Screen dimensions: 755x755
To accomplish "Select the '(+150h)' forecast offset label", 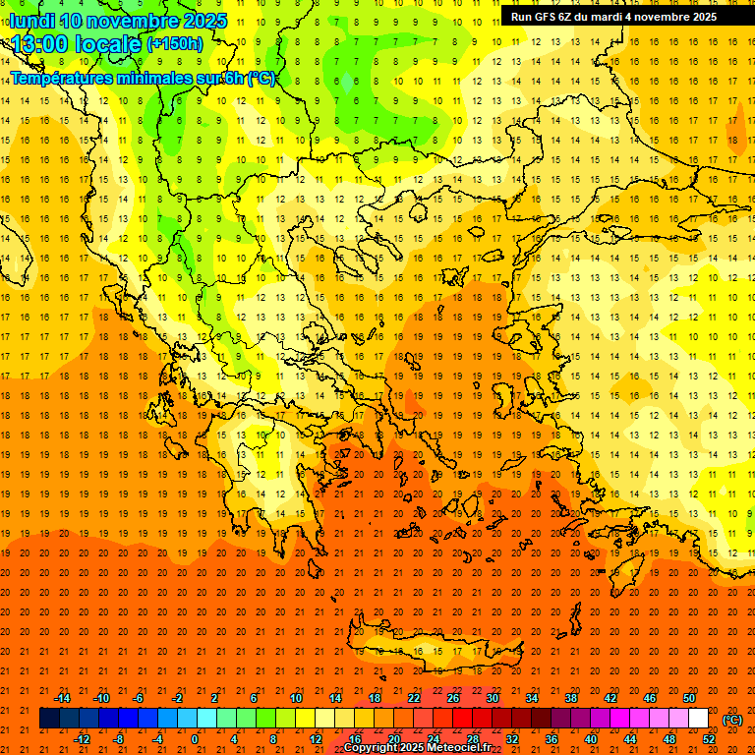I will tap(175, 44).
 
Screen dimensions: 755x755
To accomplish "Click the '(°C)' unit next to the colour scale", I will tap(732, 720).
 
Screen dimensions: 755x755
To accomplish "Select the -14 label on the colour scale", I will tap(62, 698).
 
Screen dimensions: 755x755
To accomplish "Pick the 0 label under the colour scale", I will tap(195, 739).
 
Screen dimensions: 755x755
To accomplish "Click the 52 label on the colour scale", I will tap(709, 739).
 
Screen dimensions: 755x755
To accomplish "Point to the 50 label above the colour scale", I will tap(689, 698).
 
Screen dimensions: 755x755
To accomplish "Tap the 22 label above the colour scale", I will tap(414, 698).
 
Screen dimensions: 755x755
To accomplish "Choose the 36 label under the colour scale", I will tap(552, 739).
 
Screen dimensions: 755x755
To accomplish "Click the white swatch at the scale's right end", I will tap(699, 719).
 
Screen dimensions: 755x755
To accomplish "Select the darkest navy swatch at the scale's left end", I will tap(49, 719).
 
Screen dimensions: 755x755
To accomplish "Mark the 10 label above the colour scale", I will tap(295, 698).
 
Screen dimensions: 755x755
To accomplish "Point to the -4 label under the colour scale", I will tap(156, 739).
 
